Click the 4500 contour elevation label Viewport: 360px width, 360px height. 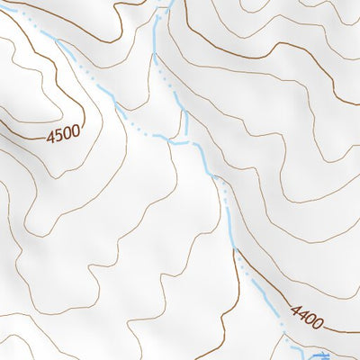click(63, 133)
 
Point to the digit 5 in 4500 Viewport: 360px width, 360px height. click(58, 133)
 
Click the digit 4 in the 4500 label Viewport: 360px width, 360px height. click(50, 135)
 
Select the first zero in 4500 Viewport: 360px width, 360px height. click(67, 132)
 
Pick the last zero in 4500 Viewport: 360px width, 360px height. click(75, 131)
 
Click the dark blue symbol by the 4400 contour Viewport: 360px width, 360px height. click(319, 355)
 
